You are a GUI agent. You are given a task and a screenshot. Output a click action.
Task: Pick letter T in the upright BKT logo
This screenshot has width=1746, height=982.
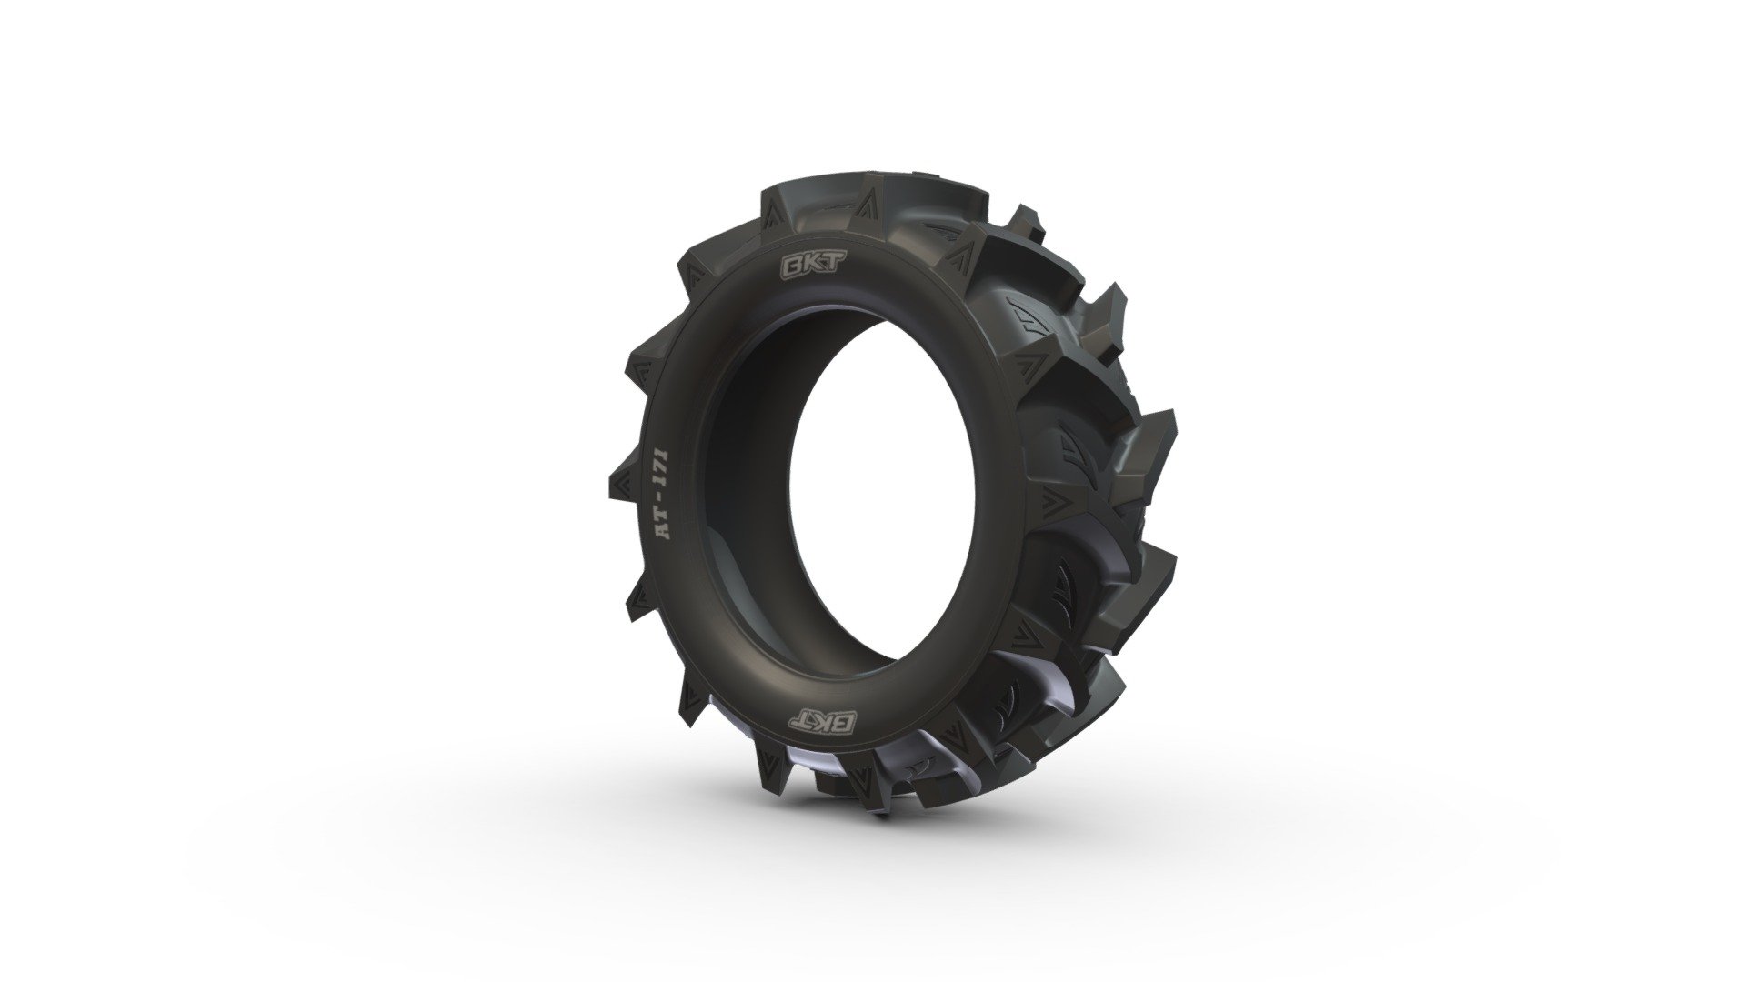click(811, 266)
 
